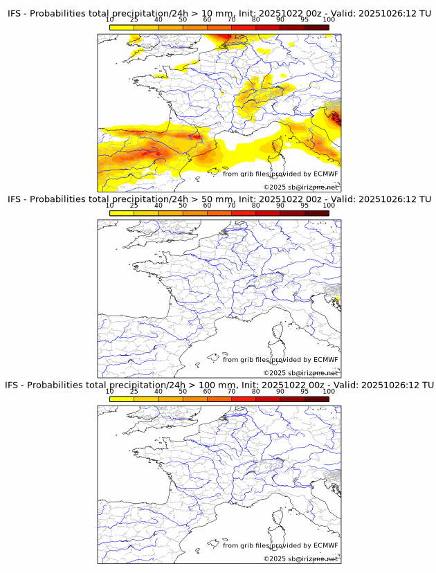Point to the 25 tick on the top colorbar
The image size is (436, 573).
point(134,19)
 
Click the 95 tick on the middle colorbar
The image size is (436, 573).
point(305,206)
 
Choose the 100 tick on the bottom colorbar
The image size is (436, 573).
point(329,391)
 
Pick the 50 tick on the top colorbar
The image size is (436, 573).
point(183,19)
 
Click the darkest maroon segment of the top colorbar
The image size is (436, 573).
point(316,27)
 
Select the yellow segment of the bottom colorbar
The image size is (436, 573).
point(122,399)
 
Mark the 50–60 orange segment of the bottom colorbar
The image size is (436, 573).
point(195,399)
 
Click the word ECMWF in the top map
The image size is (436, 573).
point(325,174)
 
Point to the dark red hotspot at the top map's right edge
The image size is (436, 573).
point(336,118)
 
